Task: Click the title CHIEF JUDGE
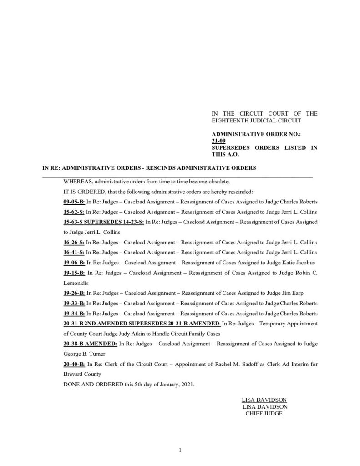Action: tap(264, 413)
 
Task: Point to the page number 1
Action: tap(180, 451)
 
